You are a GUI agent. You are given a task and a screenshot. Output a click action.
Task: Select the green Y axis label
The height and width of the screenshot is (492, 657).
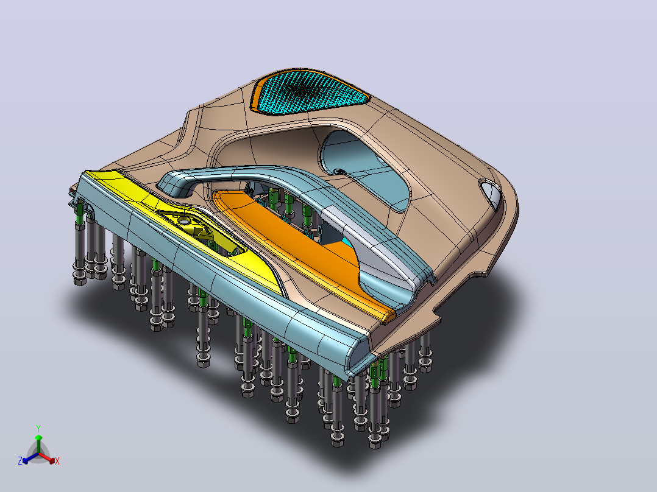point(38,428)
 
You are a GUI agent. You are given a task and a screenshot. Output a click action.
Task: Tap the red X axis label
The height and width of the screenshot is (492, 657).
point(57,461)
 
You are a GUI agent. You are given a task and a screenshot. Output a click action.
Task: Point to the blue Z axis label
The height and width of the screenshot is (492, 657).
point(20,460)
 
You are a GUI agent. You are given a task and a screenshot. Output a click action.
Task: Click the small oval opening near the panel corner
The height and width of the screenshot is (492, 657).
point(490,194)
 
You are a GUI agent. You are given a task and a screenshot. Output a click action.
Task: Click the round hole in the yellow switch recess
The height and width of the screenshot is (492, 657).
point(183,219)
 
